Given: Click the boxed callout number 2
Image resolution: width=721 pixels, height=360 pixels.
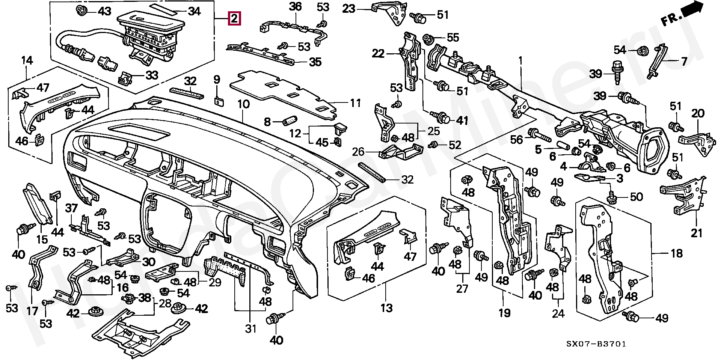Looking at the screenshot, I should click(x=234, y=18).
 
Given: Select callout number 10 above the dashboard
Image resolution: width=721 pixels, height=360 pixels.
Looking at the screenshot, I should click(x=243, y=104).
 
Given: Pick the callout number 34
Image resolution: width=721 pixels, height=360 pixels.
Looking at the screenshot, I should click(x=194, y=12).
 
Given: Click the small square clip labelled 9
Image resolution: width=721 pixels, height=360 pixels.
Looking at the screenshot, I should click(x=218, y=101).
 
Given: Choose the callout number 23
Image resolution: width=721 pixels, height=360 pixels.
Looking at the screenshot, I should click(x=349, y=8).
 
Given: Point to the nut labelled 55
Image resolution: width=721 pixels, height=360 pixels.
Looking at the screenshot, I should click(x=428, y=38).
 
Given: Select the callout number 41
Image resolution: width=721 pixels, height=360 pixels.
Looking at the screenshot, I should click(x=462, y=120).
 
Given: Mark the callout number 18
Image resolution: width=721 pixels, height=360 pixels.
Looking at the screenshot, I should click(x=676, y=253).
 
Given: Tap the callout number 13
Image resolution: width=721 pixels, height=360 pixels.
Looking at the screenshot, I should click(x=386, y=308).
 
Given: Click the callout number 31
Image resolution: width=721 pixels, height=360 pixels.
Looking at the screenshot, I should click(x=250, y=329).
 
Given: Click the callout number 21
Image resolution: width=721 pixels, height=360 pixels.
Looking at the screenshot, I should click(x=697, y=233).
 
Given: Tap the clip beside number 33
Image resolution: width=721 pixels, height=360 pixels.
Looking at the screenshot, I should click(x=125, y=77).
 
